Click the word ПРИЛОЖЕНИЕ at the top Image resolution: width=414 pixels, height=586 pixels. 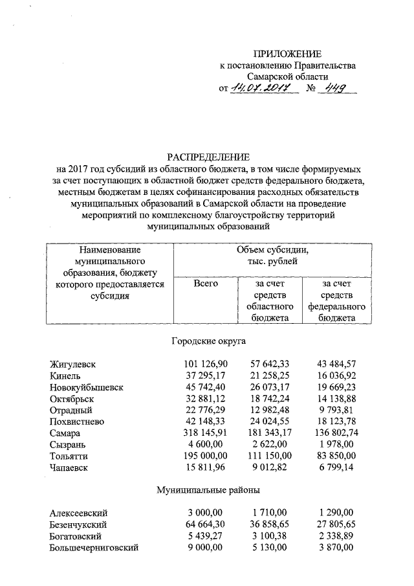tap(287, 54)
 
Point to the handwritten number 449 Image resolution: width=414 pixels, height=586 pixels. tap(336, 89)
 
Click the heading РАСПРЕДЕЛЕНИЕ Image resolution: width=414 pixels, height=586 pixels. tap(208, 157)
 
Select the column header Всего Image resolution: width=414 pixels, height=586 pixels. tap(205, 283)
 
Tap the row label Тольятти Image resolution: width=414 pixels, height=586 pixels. tap(69, 456)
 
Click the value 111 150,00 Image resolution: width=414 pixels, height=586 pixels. tap(271, 456)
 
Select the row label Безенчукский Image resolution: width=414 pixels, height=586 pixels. tap(78, 524)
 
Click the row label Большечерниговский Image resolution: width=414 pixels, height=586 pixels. tap(94, 547)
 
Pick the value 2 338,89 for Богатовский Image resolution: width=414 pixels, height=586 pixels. tap(338, 535)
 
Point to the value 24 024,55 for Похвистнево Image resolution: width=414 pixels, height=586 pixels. tap(271, 422)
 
